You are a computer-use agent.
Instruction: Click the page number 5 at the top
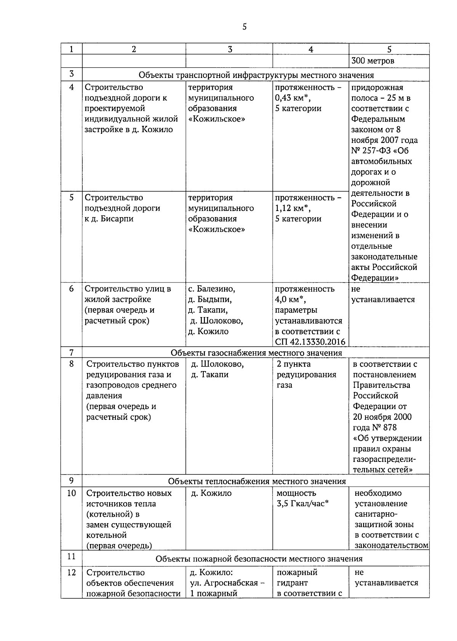pyautogui.click(x=244, y=27)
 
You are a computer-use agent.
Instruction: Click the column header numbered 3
pyautogui.click(x=229, y=49)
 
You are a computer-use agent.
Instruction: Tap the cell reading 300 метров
pyautogui.click(x=373, y=61)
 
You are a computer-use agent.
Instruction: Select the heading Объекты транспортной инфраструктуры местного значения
pyautogui.click(x=256, y=75)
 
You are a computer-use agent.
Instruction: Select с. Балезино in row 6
pyautogui.click(x=212, y=289)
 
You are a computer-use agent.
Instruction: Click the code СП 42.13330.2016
pyautogui.click(x=310, y=342)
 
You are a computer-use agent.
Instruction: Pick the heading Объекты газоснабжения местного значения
pyautogui.click(x=256, y=353)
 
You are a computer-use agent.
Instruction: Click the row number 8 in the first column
pyautogui.click(x=72, y=364)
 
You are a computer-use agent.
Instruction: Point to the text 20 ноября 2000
pyautogui.click(x=382, y=417)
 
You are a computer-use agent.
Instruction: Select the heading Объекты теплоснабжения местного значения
pyautogui.click(x=257, y=481)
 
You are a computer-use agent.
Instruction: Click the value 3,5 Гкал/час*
pyautogui.click(x=302, y=504)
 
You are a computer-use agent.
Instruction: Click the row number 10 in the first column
pyautogui.click(x=72, y=493)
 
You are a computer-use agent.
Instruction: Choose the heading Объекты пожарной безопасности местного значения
pyautogui.click(x=259, y=559)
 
